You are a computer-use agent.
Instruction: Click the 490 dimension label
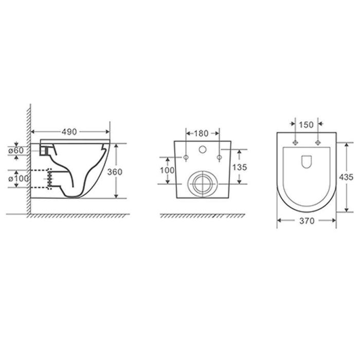pos(69,132)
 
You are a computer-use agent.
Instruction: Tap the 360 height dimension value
pos(115,172)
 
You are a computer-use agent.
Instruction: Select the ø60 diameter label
pos(16,150)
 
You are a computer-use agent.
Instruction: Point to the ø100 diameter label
pos(19,178)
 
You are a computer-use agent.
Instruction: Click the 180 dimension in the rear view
pos(202,133)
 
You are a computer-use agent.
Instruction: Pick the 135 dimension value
pos(240,167)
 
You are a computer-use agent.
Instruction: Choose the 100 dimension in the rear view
pos(167,170)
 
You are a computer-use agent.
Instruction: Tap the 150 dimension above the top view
pos(307,124)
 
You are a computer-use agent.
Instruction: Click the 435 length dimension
pos(346,177)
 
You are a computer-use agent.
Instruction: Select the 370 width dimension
pos(307,221)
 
